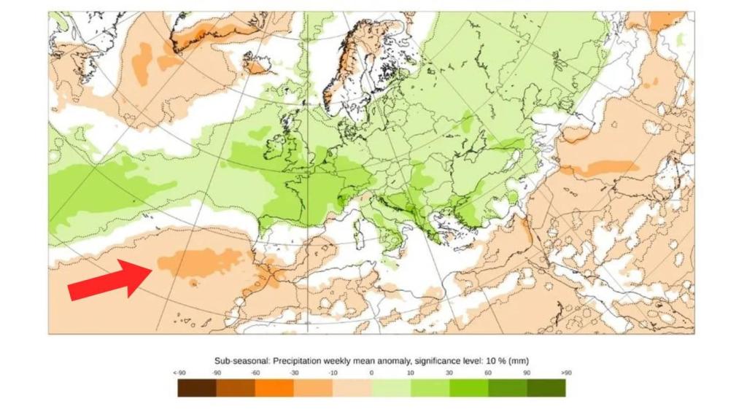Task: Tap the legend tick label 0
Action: [371, 373]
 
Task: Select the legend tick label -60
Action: [255, 373]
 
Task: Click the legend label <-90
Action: [179, 373]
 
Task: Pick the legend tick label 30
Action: [449, 373]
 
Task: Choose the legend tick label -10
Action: [332, 373]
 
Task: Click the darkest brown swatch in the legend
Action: [197, 387]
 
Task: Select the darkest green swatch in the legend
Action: [546, 387]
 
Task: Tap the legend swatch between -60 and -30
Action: [274, 387]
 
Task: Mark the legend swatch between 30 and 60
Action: [468, 387]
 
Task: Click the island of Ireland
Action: [275, 146]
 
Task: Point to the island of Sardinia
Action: [358, 235]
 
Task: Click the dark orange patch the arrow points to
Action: [201, 261]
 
